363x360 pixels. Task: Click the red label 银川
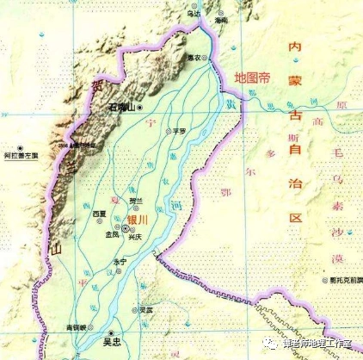pyautogui.click(x=138, y=220)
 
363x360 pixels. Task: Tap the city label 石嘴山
pyautogui.click(x=122, y=108)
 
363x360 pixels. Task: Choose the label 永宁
pyautogui.click(x=120, y=261)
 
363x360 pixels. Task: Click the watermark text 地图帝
pyautogui.click(x=252, y=77)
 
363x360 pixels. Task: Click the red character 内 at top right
pyautogui.click(x=295, y=45)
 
